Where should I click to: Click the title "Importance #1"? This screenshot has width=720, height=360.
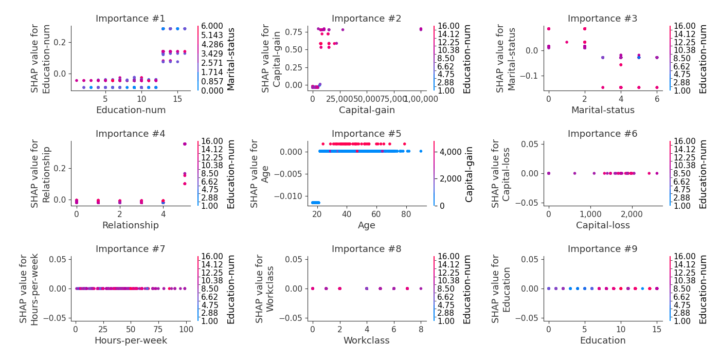point(131,19)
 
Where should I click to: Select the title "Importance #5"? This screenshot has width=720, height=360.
point(366,134)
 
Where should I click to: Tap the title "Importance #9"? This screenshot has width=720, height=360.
point(602,249)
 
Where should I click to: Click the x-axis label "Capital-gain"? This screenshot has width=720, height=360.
point(367,110)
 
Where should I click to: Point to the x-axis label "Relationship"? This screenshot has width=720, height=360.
point(131,225)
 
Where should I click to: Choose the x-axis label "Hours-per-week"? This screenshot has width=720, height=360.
point(131,340)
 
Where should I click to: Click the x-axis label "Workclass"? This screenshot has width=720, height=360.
point(367,340)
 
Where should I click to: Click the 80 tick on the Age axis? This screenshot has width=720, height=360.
point(406,213)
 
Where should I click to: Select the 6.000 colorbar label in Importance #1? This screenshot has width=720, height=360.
point(212,26)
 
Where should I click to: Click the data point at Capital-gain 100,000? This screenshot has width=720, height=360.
point(421,29)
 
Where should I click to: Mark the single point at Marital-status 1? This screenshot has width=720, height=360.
point(566,42)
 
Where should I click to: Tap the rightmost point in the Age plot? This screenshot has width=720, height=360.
point(421,151)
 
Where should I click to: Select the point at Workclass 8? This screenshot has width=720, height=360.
point(421,289)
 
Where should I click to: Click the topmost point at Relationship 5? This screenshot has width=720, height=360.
point(185,144)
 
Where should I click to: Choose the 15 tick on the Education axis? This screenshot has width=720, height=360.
point(657,328)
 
